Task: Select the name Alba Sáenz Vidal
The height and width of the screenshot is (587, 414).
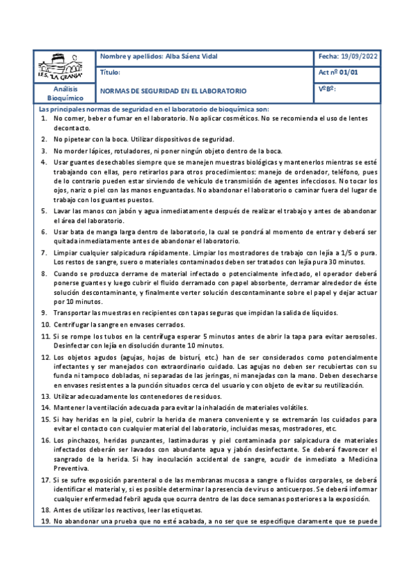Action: pyautogui.click(x=196, y=56)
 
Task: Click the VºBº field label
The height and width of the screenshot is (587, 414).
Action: pyautogui.click(x=328, y=89)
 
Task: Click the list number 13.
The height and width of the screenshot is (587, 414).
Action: pyautogui.click(x=44, y=396)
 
